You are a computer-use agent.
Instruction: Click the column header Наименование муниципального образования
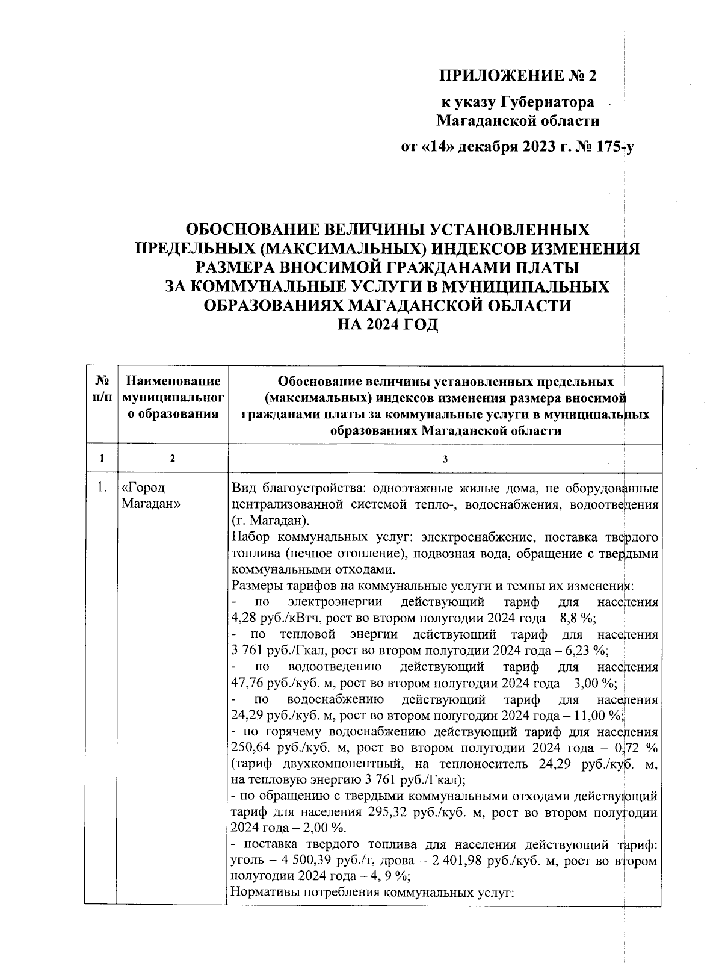tap(172, 397)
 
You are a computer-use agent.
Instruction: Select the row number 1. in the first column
tap(101, 488)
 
